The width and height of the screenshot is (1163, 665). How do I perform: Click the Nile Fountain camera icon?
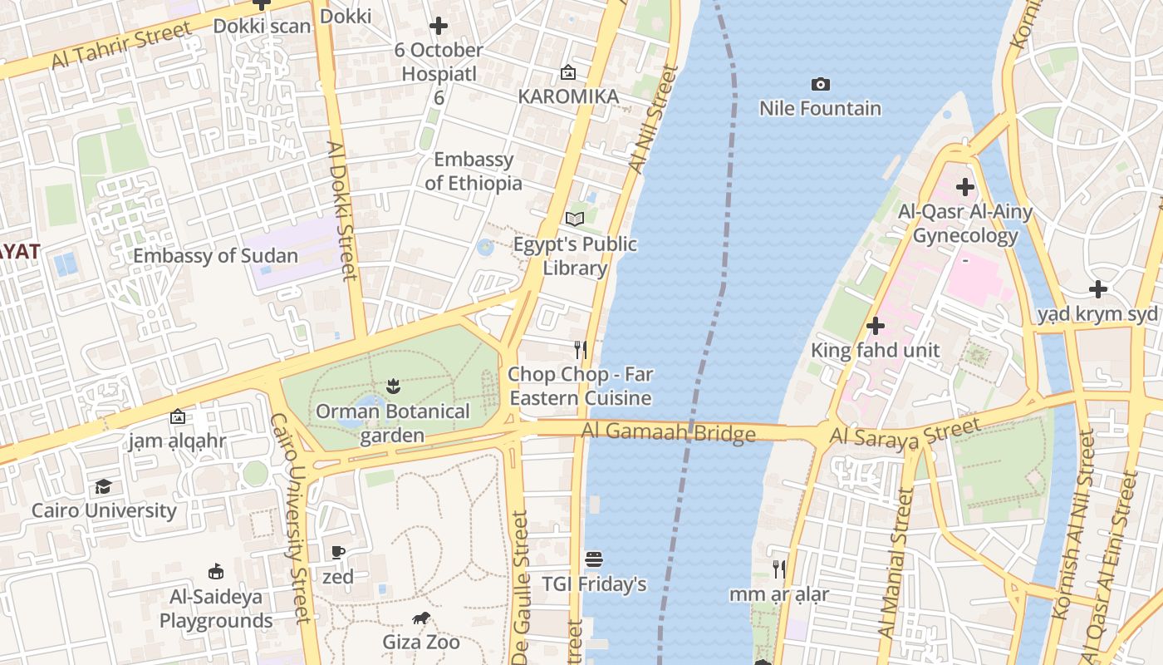click(820, 84)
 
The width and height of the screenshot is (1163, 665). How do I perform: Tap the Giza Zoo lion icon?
click(421, 618)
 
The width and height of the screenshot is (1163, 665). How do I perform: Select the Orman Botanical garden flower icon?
click(393, 387)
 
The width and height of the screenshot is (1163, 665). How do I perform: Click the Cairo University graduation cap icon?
click(103, 486)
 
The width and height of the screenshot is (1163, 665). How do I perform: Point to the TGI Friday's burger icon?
click(593, 559)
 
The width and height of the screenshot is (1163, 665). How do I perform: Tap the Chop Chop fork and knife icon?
click(581, 349)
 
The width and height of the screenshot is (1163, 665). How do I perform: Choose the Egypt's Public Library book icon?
click(575, 219)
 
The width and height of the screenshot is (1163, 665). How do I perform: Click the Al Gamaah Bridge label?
click(668, 431)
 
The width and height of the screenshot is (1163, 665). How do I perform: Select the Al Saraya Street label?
click(905, 434)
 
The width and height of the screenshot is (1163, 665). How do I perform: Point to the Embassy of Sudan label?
click(215, 256)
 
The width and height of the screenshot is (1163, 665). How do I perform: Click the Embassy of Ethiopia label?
click(474, 171)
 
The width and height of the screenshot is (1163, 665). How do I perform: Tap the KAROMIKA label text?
click(568, 96)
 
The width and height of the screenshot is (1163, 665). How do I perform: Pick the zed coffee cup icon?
click(338, 552)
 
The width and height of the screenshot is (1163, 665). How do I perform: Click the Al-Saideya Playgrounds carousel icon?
click(216, 571)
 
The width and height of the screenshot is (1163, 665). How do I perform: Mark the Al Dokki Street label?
click(341, 210)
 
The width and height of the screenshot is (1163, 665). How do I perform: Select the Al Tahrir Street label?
click(120, 47)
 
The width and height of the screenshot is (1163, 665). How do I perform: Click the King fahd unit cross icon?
click(875, 326)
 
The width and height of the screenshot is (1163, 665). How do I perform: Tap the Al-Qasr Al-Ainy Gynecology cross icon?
click(964, 187)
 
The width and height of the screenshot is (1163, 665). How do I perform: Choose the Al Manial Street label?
click(896, 564)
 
